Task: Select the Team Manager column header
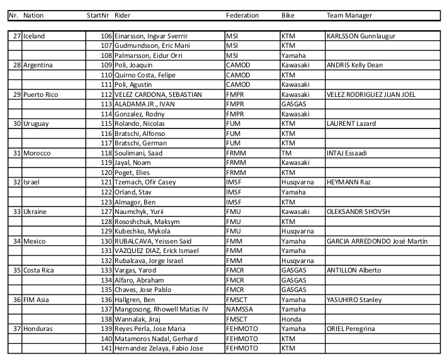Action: point(349,15)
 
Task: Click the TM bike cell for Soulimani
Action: point(286,153)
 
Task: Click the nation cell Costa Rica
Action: point(40,270)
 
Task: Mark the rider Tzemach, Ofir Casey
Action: point(145,182)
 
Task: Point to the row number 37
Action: point(17,329)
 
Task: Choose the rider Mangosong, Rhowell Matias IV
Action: point(161,309)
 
